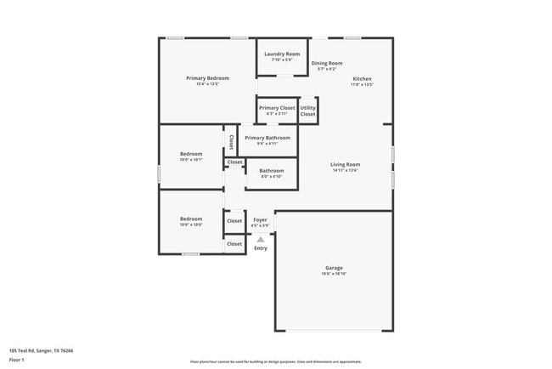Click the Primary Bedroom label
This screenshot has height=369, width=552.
[x=208, y=78]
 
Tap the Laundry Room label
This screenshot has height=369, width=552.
[x=282, y=54]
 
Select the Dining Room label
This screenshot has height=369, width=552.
[x=326, y=63]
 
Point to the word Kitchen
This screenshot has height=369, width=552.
[x=363, y=79]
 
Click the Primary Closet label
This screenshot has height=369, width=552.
[x=277, y=108]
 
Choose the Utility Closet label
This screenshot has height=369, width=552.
[x=307, y=111]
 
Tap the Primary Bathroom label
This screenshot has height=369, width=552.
[x=268, y=138]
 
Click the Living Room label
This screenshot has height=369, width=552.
[x=346, y=164]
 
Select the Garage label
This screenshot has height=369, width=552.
[x=333, y=268]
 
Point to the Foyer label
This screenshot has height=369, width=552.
[x=260, y=220]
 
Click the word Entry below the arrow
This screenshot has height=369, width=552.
[x=261, y=248]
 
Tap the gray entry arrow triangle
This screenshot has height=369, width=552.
[x=261, y=239]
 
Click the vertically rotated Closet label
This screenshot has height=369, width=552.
[x=231, y=142]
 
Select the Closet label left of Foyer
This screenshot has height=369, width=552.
[x=234, y=221]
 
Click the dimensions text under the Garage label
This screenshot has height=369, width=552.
[x=334, y=274]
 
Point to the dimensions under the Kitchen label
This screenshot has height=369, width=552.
[x=363, y=85]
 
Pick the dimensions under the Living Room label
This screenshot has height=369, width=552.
[x=346, y=170]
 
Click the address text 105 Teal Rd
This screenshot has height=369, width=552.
[x=41, y=349]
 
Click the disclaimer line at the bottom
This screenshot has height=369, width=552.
[x=275, y=361]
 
